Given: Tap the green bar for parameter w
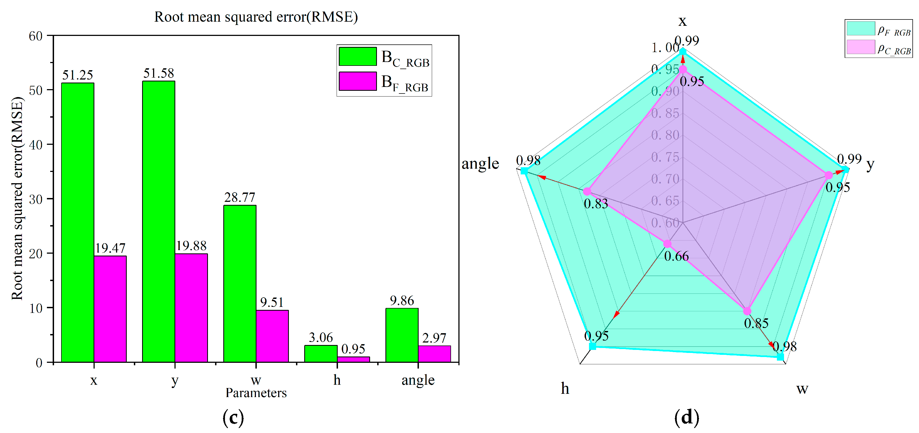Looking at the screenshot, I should coord(240,284).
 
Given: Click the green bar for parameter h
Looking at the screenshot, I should coord(321,353).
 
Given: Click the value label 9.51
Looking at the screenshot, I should coord(272,302).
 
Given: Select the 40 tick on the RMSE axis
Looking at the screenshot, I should coord(36,145).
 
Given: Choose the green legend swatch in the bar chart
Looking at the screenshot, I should coord(357,56).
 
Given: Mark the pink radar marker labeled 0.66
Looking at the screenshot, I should coord(667,244).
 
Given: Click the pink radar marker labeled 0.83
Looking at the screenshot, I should coord(587,191).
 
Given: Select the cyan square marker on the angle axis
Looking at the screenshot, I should coord(524,171).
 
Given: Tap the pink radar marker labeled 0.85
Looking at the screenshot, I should coord(747,311).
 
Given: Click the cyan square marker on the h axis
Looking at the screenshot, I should coord(593,346).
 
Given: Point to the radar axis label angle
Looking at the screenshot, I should coord(480,164).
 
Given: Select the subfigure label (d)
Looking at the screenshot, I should coord(686,417).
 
